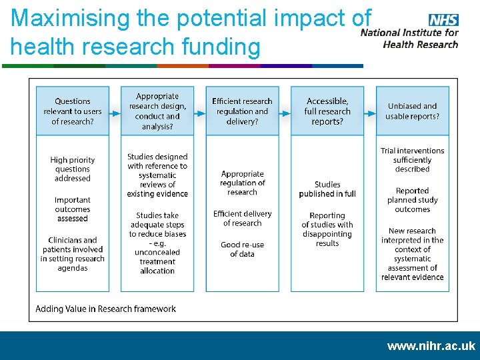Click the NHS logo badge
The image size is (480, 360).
[443, 21]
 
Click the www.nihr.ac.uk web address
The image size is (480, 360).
[431, 346]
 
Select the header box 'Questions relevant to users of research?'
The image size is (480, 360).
[72, 111]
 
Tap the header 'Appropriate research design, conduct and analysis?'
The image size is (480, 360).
[157, 111]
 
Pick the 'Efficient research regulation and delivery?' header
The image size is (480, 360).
[242, 111]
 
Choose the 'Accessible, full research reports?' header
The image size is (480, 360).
[327, 111]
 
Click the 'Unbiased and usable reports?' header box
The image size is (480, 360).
[412, 111]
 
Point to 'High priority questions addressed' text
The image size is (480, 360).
[72, 169]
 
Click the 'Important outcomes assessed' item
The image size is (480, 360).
[72, 209]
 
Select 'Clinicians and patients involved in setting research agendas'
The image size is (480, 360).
[72, 254]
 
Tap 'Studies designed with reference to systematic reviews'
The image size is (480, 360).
[157, 175]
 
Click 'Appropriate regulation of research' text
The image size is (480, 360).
[242, 183]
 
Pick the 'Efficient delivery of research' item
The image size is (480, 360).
[242, 219]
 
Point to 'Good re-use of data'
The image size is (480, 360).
[242, 249]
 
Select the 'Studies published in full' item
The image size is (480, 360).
[327, 189]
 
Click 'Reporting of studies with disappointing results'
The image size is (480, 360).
[327, 229]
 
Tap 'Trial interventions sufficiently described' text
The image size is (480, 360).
[412, 160]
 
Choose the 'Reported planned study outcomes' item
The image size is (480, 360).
[412, 200]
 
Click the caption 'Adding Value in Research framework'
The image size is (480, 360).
[105, 309]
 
